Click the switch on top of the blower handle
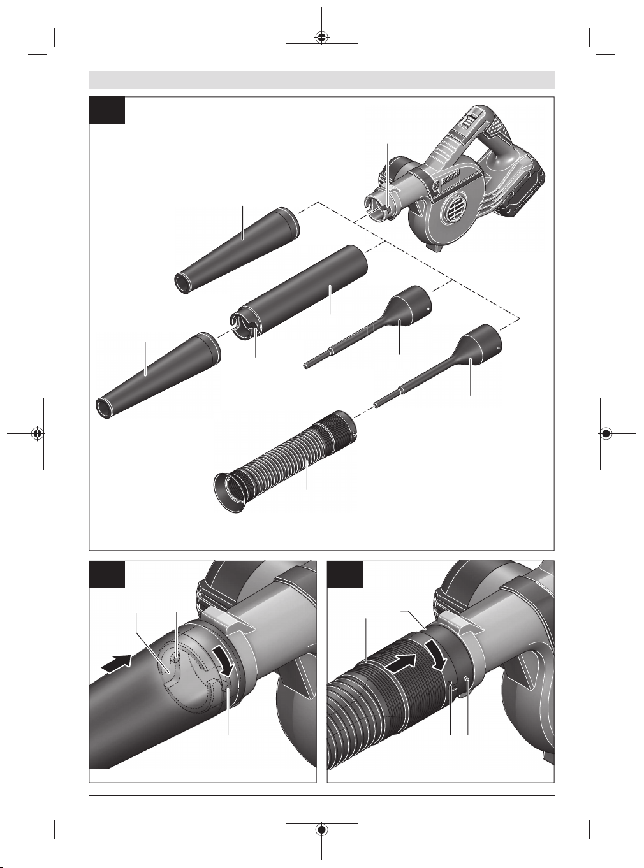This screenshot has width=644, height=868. click(467, 122)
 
